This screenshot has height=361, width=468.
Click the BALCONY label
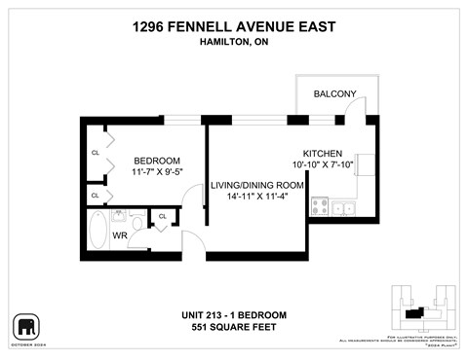(334, 93)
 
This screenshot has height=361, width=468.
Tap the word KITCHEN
(323, 154)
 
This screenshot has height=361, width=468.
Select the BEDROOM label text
(157, 160)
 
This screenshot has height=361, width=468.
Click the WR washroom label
(119, 235)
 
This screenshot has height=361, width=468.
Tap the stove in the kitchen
(319, 206)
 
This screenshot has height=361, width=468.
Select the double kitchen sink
(342, 206)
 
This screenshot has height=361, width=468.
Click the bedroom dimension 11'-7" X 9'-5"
(157, 171)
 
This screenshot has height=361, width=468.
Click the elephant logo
(24, 325)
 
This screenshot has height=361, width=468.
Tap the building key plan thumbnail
(423, 309)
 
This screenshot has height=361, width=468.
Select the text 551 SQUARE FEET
(233, 327)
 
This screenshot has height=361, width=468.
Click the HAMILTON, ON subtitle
(233, 42)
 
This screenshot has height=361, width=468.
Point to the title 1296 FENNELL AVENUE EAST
(233, 27)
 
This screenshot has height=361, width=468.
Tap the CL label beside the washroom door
(162, 216)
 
